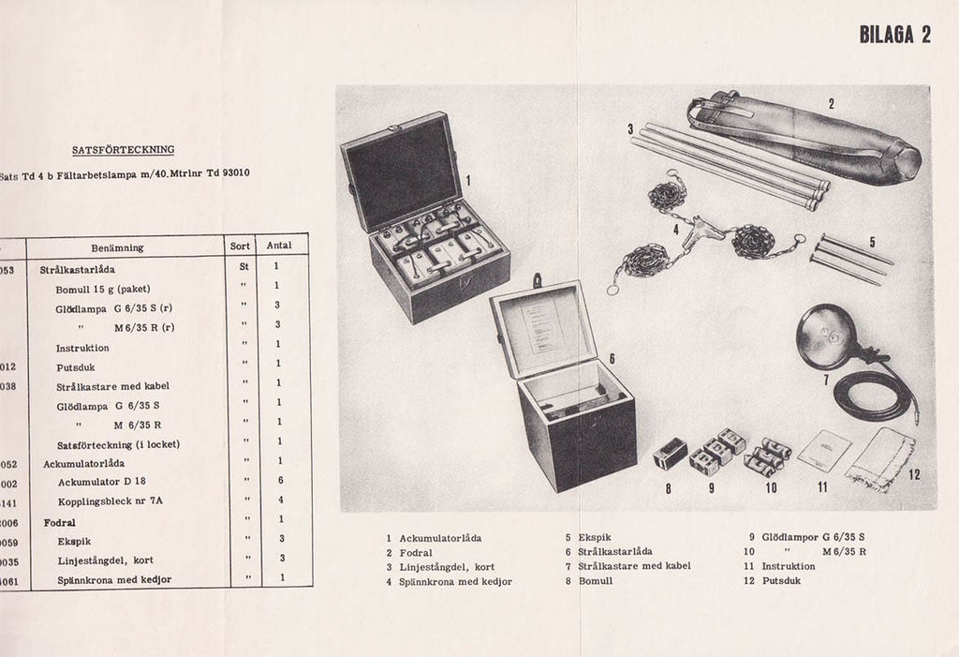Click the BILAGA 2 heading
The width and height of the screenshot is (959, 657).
(x=894, y=35)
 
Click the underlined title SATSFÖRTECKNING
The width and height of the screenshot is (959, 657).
(x=123, y=150)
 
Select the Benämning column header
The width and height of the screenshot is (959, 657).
(x=117, y=247)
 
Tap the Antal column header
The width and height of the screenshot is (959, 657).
(x=279, y=246)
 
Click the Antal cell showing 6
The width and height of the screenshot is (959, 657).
(x=280, y=481)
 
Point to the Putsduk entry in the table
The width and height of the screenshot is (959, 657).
(x=75, y=367)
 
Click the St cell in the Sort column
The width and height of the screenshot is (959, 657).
(x=243, y=266)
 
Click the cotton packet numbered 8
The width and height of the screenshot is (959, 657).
(x=670, y=454)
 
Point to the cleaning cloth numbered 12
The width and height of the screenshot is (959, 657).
(x=879, y=458)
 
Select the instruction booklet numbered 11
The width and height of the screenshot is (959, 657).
(x=824, y=451)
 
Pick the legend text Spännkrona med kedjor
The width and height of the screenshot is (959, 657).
(x=455, y=581)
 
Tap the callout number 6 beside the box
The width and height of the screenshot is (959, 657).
(x=611, y=359)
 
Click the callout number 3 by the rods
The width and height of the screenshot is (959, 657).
(x=631, y=129)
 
